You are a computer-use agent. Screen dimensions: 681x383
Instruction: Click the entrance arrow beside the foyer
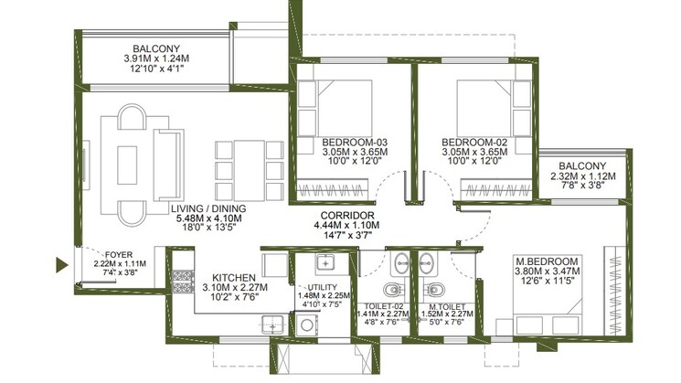[x=61, y=265]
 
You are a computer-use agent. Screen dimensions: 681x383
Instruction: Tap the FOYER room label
[x=119, y=255]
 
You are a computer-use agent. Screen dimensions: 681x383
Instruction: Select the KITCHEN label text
[x=234, y=278]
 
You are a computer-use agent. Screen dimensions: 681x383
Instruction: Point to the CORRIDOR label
[x=347, y=216]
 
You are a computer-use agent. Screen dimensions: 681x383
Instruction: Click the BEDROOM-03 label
[x=355, y=143]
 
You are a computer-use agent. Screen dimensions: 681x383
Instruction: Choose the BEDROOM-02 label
[x=474, y=143]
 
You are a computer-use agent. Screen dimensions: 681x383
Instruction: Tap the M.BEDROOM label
[x=547, y=261]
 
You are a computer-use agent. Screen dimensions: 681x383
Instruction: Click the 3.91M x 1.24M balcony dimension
[x=156, y=59]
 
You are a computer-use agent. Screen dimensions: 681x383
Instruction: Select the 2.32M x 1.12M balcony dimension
[x=583, y=176]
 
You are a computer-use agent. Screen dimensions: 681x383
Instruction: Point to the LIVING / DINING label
[x=208, y=209]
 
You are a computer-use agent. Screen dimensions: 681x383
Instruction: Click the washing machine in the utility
[x=307, y=324]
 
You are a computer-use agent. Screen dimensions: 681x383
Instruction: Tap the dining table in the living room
[x=249, y=170]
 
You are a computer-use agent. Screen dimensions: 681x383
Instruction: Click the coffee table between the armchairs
[x=127, y=165]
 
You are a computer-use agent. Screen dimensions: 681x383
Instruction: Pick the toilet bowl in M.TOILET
[x=433, y=289]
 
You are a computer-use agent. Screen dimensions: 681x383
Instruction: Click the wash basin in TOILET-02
[x=399, y=263]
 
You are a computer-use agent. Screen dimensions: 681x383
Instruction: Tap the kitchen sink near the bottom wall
[x=272, y=324]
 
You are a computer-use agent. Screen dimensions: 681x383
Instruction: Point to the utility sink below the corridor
[x=325, y=263]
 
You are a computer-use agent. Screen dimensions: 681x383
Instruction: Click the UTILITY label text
[x=323, y=287]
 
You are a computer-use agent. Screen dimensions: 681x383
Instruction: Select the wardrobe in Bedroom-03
[x=332, y=189]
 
